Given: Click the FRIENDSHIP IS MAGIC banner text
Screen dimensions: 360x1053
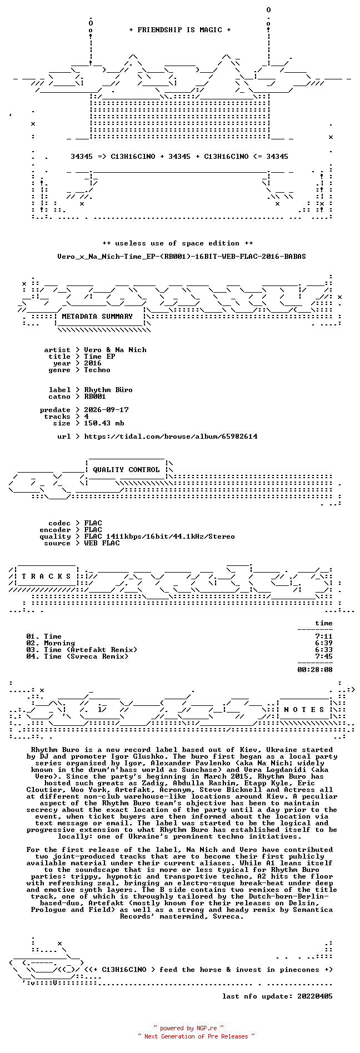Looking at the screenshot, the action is [180, 30].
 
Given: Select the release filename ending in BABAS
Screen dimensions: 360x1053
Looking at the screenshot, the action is [182, 257].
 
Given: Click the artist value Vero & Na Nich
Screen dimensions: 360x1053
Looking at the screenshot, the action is [115, 350].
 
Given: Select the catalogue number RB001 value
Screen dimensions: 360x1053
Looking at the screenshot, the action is [95, 397].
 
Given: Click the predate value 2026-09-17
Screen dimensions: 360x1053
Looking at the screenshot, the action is [106, 410].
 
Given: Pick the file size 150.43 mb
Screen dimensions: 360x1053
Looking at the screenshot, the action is [104, 423].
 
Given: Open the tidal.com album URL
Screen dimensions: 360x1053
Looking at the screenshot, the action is [171, 437].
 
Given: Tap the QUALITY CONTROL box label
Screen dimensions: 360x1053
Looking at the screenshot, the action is [126, 470].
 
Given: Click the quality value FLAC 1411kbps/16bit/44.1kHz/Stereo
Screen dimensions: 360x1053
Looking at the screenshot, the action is [159, 536].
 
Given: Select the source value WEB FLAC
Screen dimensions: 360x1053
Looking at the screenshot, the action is [102, 543].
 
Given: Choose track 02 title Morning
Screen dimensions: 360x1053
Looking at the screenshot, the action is [59, 643].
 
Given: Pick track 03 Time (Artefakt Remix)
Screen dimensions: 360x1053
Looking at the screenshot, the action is [91, 650].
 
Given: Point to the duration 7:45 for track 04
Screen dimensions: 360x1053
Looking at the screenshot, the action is [324, 656].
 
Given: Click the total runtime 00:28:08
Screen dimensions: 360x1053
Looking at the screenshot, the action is [315, 670].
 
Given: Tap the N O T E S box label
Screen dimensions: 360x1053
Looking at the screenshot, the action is [304, 710].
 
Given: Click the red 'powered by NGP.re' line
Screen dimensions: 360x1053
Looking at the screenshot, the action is [188, 1028].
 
